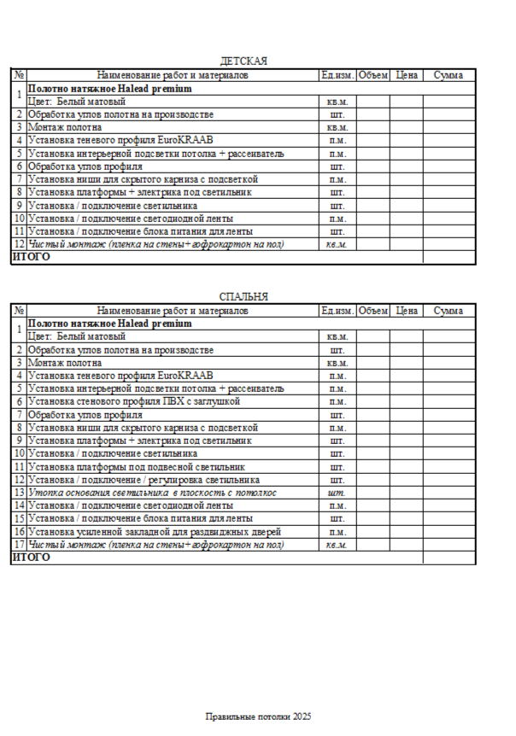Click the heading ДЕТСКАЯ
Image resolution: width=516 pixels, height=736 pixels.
(243, 61)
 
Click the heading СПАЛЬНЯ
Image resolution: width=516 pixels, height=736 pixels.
(243, 297)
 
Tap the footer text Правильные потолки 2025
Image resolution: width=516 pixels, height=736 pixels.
(258, 716)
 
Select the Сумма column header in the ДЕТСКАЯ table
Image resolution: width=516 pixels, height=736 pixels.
(449, 75)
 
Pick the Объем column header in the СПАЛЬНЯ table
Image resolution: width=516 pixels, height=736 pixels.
(373, 312)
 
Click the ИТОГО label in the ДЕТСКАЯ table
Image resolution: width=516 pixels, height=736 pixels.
(31, 257)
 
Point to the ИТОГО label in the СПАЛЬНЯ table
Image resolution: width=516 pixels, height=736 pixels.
(31, 558)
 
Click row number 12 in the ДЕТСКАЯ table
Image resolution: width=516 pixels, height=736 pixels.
(19, 245)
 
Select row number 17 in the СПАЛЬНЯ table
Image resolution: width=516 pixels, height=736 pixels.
(19, 545)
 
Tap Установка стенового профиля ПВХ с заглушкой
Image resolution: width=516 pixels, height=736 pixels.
(133, 401)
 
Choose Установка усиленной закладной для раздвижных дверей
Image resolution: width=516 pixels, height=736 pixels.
(155, 532)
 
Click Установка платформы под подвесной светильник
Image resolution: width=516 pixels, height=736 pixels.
(137, 467)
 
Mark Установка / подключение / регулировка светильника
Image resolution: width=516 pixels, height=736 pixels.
(144, 480)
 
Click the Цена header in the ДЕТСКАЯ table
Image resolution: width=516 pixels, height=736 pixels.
(408, 75)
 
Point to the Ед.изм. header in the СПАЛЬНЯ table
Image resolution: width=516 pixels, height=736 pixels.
(337, 312)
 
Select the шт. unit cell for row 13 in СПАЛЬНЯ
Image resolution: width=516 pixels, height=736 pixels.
(337, 493)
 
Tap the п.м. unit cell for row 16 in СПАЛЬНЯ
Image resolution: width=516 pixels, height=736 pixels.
(337, 532)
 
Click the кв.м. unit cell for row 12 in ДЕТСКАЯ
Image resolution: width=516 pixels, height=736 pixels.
(337, 245)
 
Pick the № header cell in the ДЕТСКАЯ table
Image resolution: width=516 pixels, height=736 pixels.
(19, 75)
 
